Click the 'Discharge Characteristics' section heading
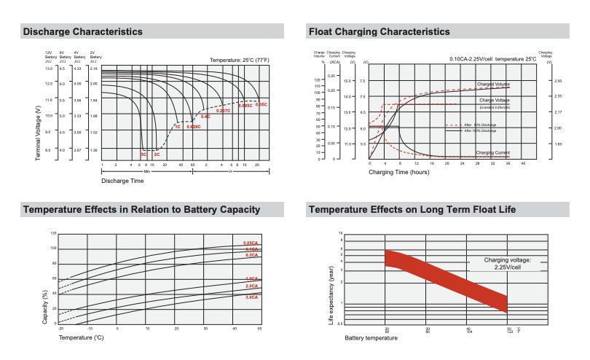82,31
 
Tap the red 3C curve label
143,154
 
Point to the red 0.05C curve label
261,104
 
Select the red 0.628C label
194,127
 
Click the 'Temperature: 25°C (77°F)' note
239,59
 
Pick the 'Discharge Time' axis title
122,180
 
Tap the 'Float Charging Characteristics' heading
379,31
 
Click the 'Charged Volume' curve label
493,85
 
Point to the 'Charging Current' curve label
493,152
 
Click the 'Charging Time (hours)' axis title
399,172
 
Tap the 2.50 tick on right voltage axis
559,81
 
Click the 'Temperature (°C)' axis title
82,337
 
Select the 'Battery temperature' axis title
371,338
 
